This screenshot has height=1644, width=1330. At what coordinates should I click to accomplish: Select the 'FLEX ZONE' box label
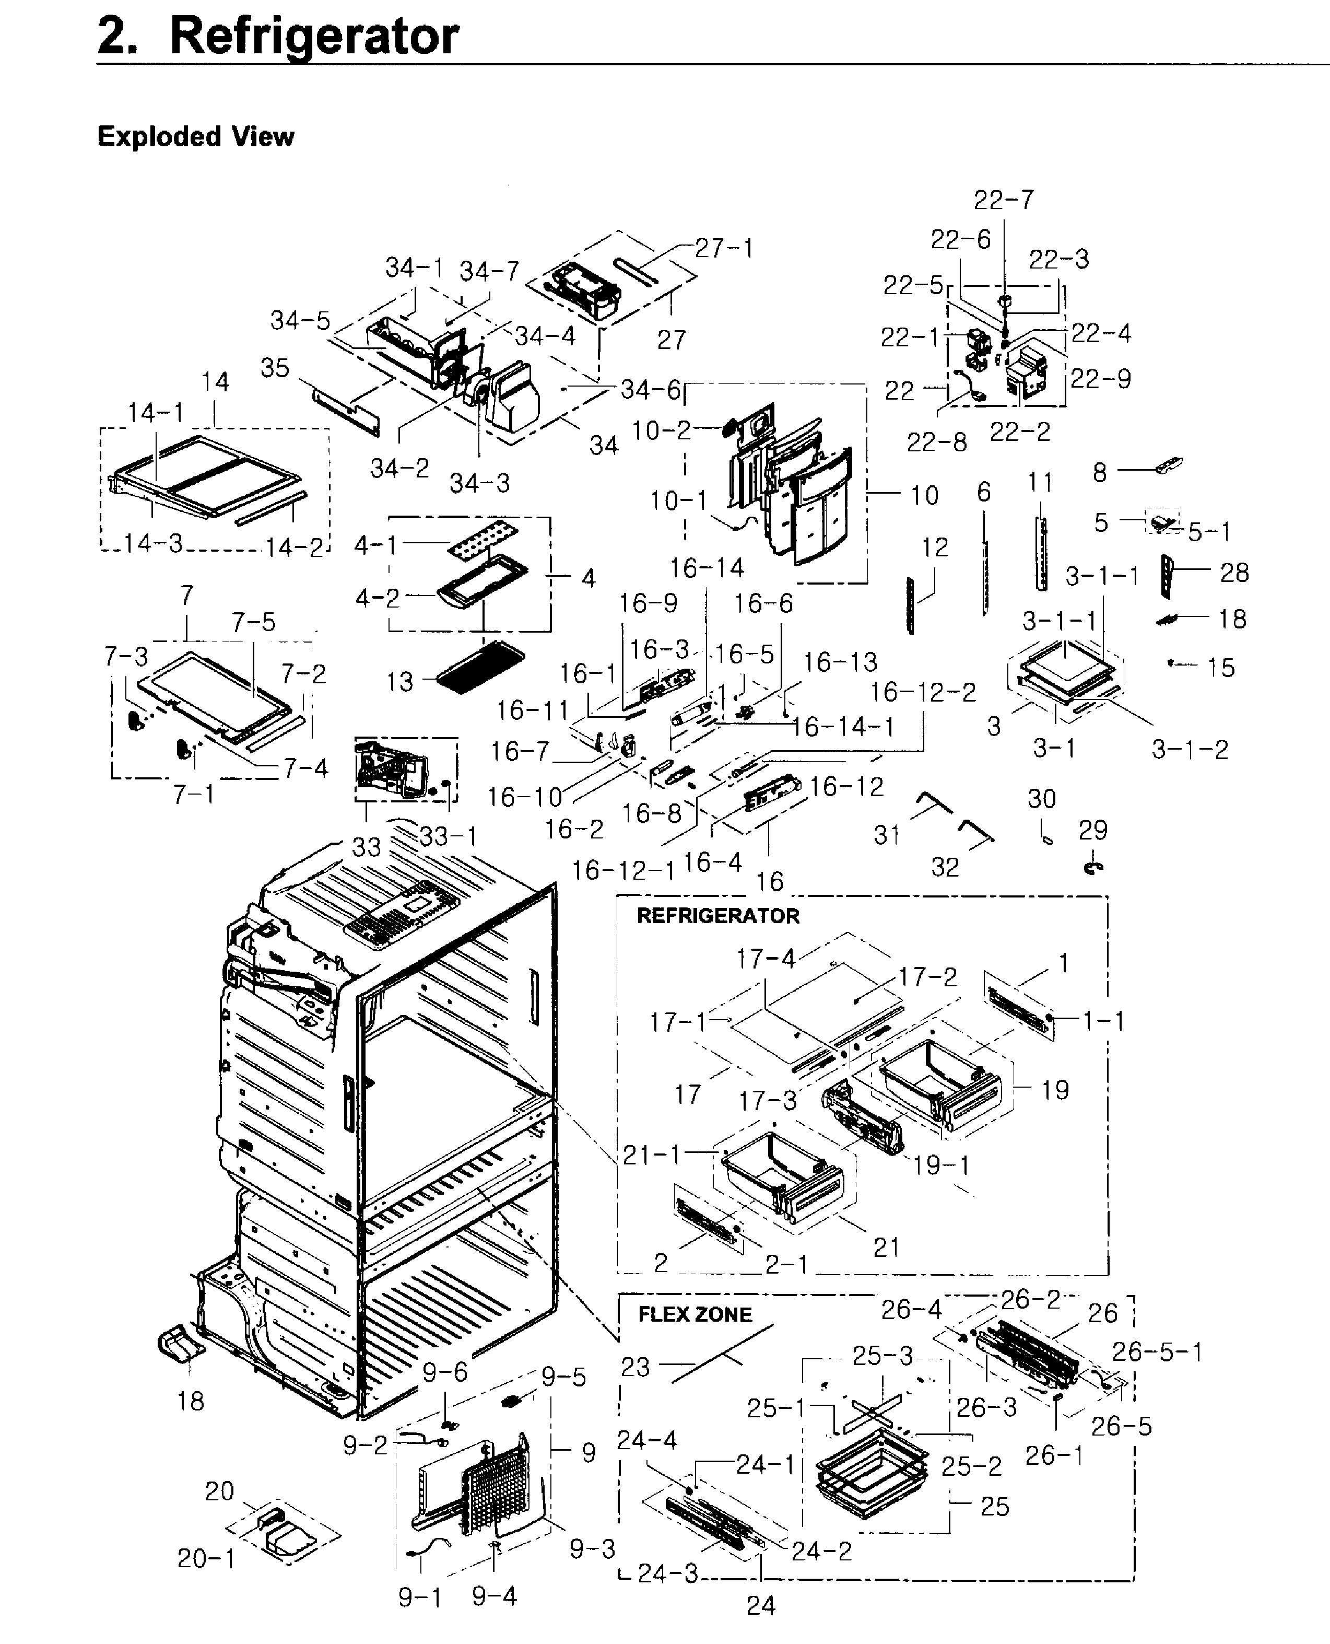click(695, 1314)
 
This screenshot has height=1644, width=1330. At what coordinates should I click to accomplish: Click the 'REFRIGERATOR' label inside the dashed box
click(718, 916)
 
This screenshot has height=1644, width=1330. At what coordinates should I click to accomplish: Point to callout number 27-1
click(724, 248)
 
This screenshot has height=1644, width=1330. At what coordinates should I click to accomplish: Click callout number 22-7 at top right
click(1004, 200)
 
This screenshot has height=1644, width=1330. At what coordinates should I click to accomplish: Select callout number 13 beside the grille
click(399, 681)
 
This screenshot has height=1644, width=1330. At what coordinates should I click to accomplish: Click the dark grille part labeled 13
click(481, 667)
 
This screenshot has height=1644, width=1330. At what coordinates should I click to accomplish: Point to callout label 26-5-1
click(1157, 1351)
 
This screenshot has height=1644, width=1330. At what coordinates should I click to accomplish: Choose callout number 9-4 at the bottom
click(494, 1596)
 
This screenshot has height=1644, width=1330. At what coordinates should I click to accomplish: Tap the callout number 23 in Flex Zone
click(635, 1367)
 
